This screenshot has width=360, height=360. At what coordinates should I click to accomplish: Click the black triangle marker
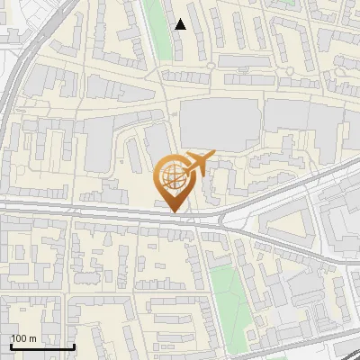point(181,24)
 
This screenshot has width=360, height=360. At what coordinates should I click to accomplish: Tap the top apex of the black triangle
point(181,19)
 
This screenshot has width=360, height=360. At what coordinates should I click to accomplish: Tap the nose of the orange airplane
point(214,154)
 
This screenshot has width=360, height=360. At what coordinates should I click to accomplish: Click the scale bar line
point(41,346)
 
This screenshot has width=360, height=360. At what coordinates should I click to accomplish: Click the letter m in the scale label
point(32,338)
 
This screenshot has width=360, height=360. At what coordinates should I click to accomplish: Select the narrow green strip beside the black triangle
point(158,27)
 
